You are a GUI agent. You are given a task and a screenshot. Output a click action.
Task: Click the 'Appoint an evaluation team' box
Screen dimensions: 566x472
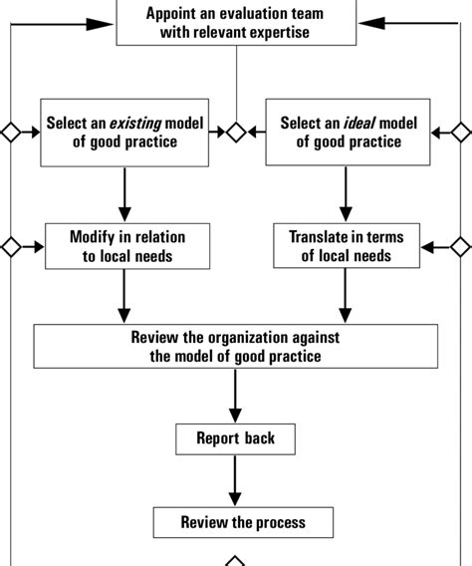pyautogui.click(x=235, y=21)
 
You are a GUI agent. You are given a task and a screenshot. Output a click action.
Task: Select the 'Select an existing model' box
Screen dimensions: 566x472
pyautogui.click(x=125, y=133)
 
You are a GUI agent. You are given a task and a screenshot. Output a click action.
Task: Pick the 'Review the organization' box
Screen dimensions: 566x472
pyautogui.click(x=235, y=346)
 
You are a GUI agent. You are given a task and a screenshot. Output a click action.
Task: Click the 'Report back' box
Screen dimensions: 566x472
pyautogui.click(x=235, y=438)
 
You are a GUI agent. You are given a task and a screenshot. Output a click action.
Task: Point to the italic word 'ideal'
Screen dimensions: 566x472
pyautogui.click(x=359, y=125)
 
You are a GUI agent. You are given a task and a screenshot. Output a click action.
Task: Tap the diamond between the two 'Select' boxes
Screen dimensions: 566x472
pyautogui.click(x=235, y=132)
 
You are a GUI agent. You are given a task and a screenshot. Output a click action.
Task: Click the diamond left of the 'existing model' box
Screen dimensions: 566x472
pyautogui.click(x=10, y=132)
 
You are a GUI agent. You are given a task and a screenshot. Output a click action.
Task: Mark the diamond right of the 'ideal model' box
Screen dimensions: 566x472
pyautogui.click(x=461, y=132)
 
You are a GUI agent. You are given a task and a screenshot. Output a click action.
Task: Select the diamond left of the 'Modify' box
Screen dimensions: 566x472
pyautogui.click(x=10, y=245)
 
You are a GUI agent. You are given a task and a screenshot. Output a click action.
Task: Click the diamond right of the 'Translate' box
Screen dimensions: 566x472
pyautogui.click(x=461, y=245)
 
